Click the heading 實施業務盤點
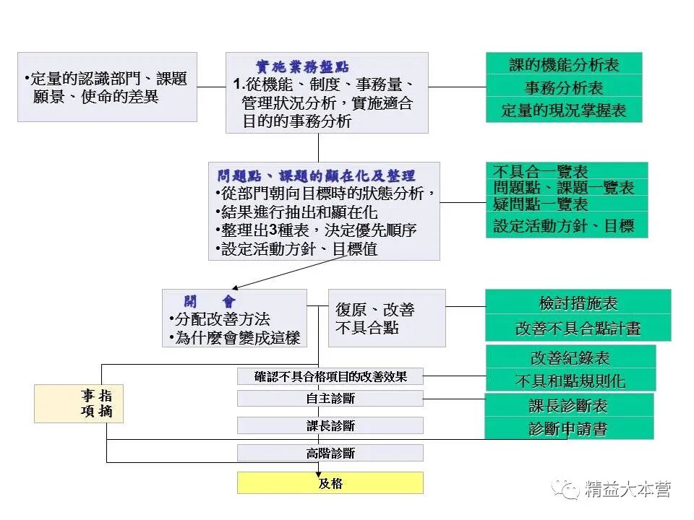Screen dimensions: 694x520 (x=303, y=66)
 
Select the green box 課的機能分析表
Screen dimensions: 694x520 (x=564, y=65)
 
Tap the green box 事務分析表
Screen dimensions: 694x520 (x=564, y=88)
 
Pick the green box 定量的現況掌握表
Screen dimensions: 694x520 (x=564, y=110)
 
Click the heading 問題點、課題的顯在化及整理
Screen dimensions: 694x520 (x=317, y=176)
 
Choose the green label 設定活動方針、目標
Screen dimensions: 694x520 (x=564, y=225)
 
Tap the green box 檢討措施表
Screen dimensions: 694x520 (x=578, y=303)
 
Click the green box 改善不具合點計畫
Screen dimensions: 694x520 (x=578, y=328)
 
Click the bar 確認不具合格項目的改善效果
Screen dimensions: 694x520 (x=330, y=376)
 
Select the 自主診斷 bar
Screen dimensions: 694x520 (x=330, y=399)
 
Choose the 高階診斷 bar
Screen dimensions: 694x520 (x=330, y=454)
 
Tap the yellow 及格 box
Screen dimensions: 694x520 (x=330, y=483)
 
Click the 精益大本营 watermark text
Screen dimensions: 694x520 (x=627, y=489)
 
